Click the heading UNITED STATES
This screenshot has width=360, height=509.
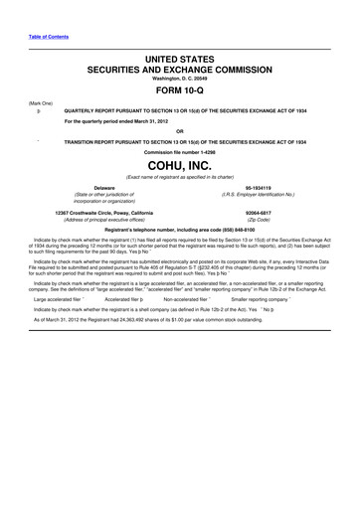pyautogui.click(x=179, y=62)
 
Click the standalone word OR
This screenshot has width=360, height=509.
pyautogui.click(x=179, y=133)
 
